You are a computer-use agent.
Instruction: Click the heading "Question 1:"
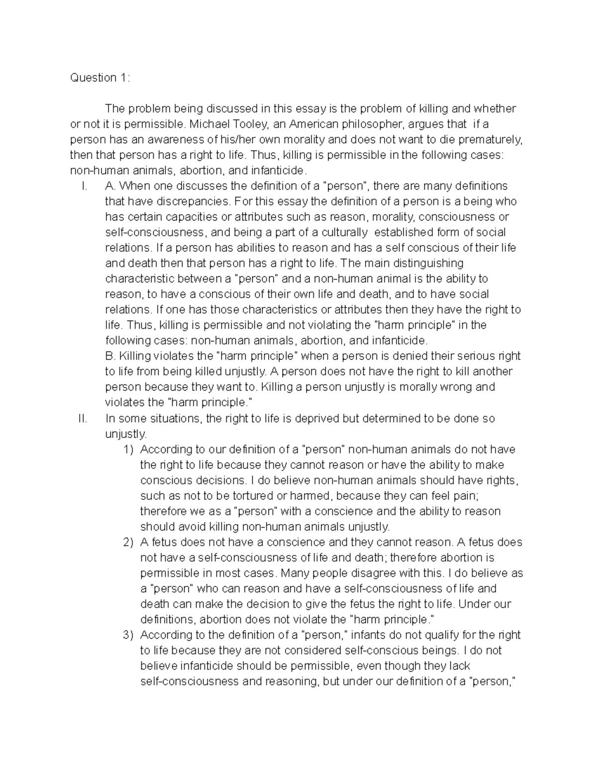(100, 78)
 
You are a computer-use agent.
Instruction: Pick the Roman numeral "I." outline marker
(85, 186)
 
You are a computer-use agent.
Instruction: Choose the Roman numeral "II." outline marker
(83, 419)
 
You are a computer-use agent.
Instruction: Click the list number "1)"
(129, 449)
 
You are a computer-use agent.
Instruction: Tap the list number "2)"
(129, 542)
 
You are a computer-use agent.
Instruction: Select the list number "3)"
(129, 635)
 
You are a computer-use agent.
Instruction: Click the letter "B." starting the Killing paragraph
(110, 356)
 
